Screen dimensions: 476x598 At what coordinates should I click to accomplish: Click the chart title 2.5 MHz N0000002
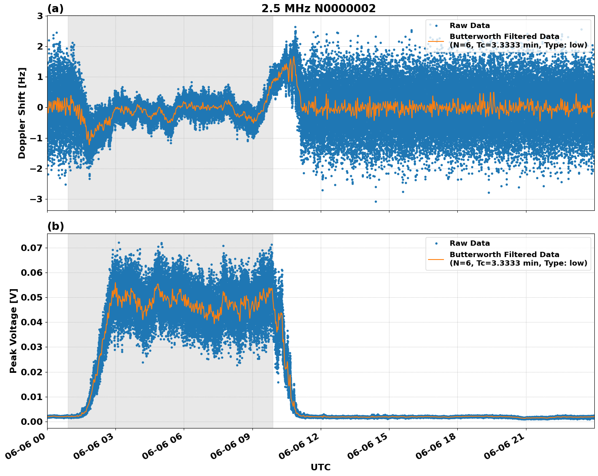[318, 9]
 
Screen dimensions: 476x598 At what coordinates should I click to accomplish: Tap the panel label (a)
[55, 9]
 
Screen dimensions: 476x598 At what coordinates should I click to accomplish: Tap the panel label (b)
[55, 227]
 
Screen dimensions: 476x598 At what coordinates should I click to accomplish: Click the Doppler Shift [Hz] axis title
[22, 113]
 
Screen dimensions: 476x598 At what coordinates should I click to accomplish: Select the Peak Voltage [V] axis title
[13, 331]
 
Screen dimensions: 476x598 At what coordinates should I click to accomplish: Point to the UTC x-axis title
[320, 467]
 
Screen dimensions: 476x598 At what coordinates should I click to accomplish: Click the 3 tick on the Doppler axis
[40, 16]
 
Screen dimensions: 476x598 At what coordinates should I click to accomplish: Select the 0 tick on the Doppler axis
[40, 108]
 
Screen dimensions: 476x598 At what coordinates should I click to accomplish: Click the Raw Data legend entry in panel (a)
[470, 26]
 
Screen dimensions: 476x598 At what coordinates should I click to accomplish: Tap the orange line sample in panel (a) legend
[436, 41]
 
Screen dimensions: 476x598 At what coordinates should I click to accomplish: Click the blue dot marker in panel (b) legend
[436, 243]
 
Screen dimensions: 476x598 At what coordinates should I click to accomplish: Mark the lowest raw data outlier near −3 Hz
[376, 201]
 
